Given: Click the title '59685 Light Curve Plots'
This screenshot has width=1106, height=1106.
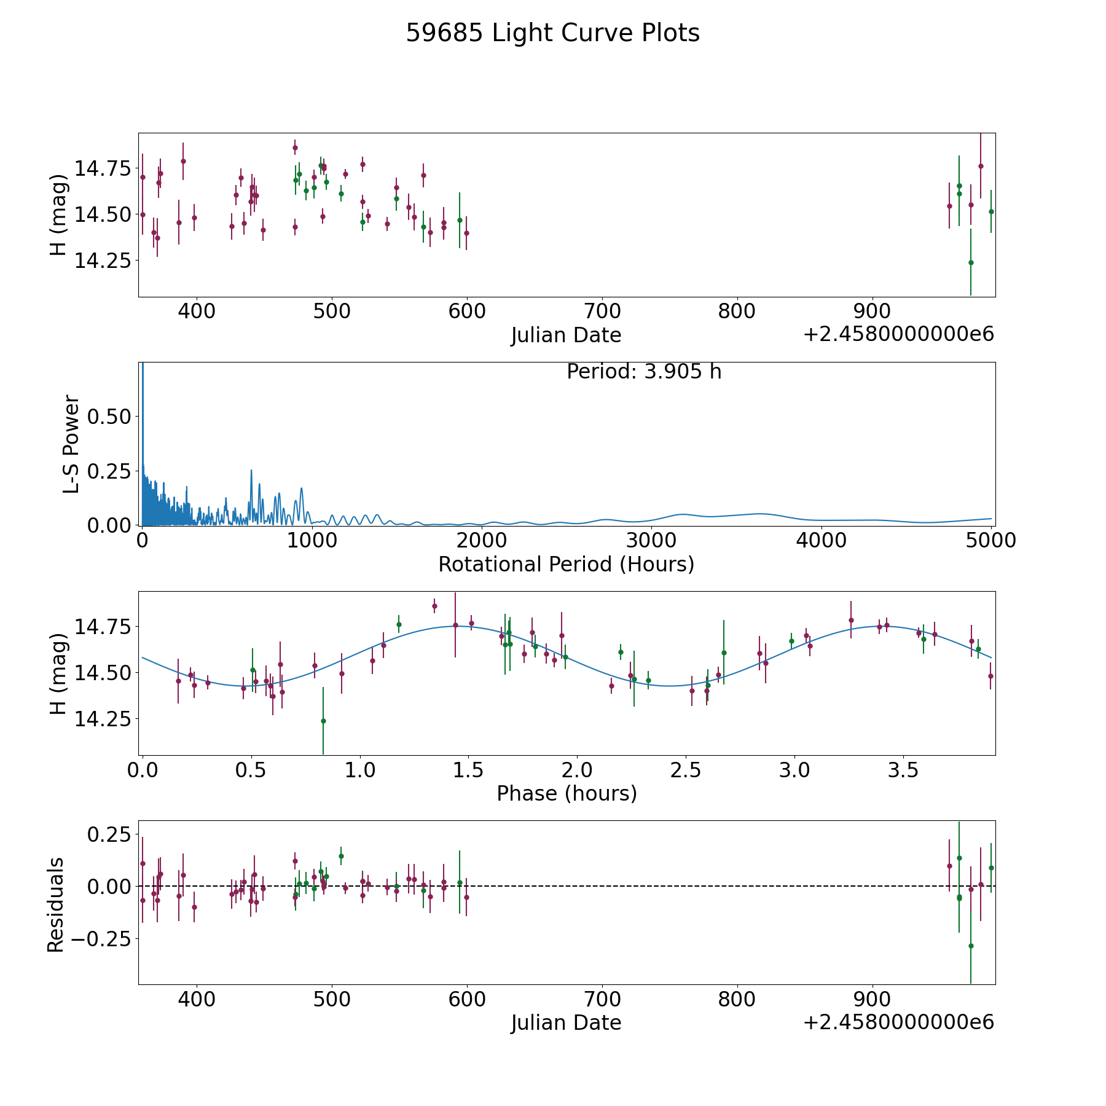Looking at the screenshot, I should pos(552,33).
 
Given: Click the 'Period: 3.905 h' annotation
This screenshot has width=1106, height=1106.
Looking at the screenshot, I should pos(644,372).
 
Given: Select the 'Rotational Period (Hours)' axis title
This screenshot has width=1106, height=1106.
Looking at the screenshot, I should pos(566,564).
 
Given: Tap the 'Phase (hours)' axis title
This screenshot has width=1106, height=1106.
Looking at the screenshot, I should pos(567,793).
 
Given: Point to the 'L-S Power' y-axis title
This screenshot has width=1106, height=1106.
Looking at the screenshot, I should pos(72,444).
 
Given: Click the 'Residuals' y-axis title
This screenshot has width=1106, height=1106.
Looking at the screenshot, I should pos(56,904).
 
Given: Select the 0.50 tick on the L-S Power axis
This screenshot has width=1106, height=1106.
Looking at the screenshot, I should pos(109,417).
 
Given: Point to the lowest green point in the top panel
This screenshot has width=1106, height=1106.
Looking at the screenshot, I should pos(971,262).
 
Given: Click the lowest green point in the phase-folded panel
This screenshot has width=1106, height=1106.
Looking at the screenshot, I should pos(323,721).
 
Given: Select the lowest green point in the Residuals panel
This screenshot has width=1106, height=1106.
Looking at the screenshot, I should pos(971,946).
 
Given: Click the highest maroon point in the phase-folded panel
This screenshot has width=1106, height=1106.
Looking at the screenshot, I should pos(434,606).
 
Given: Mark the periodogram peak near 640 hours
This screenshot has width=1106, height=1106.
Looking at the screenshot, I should pos(251,471).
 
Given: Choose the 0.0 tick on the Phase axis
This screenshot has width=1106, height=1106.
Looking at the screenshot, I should pos(143,770).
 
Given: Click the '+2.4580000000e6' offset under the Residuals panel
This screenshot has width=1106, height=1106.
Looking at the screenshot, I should pos(898,1022).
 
